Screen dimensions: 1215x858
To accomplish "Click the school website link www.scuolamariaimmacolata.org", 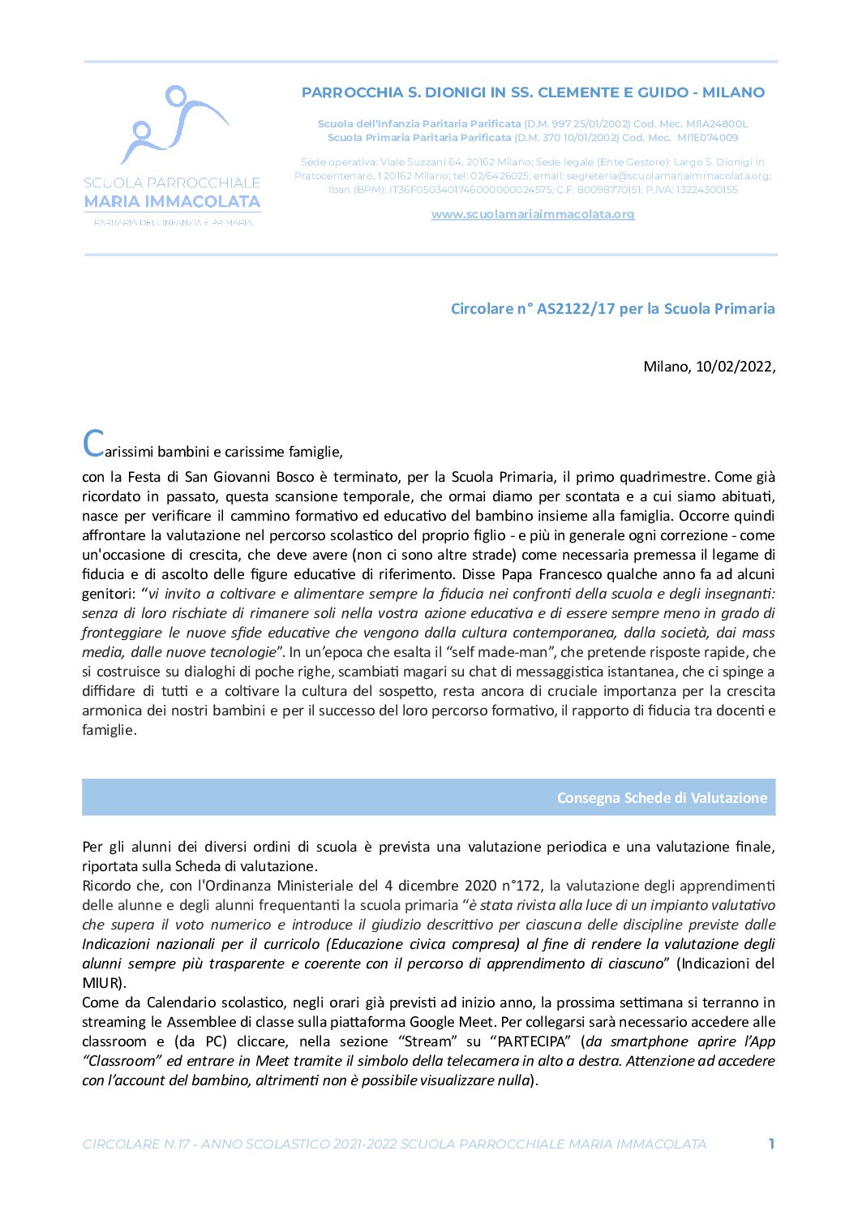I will (533, 214).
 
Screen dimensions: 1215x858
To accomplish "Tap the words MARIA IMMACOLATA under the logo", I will (172, 201).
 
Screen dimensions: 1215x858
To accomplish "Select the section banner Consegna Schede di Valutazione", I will (661, 797).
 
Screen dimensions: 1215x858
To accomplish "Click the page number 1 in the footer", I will (771, 1144).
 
